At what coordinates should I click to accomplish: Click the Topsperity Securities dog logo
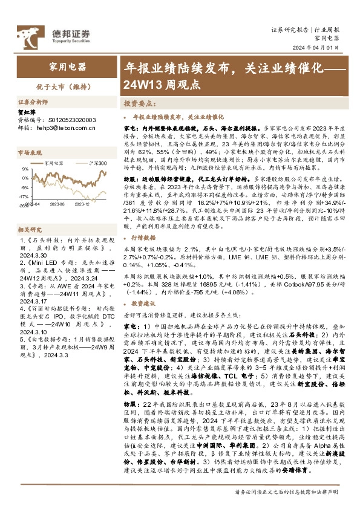pyautogui.click(x=29, y=35)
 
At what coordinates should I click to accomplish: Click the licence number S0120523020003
pyautogui.click(x=67, y=120)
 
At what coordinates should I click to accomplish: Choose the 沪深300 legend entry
pyautogui.click(x=94, y=163)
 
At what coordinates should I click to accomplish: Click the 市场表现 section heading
pyautogui.click(x=28, y=154)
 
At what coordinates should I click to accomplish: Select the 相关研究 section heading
pyautogui.click(x=28, y=230)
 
